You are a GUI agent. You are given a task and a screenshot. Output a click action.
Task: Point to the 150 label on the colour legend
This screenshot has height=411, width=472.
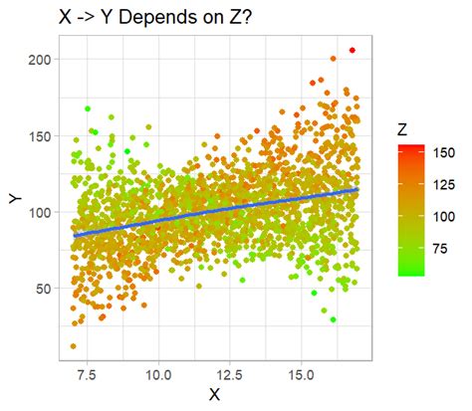pos(443,152)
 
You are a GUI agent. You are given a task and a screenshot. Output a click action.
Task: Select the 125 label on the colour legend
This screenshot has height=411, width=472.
pos(443,184)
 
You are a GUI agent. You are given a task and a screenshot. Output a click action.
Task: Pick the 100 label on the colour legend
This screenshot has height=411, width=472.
pos(443,216)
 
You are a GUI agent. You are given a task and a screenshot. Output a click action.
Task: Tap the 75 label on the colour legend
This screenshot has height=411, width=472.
pos(439,248)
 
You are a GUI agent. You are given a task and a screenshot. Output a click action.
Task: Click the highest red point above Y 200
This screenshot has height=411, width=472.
pos(353,51)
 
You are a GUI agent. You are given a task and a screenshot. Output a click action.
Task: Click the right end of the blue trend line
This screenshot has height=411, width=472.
pos(356,189)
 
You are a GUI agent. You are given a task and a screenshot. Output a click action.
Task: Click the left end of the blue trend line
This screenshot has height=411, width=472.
pos(74,236)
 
